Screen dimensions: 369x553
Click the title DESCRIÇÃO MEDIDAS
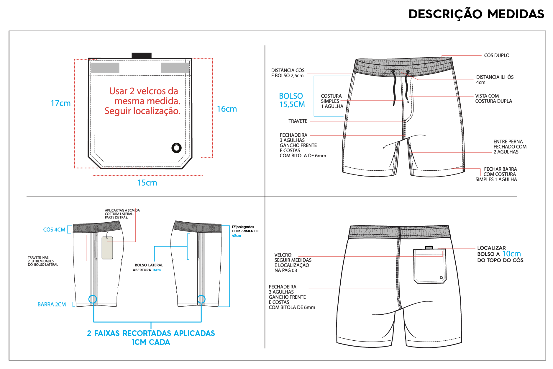pos(476,14)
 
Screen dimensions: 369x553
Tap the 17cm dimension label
pos(61,103)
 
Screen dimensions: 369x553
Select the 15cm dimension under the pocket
pos(147,183)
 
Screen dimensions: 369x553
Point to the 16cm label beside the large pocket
pos(227,109)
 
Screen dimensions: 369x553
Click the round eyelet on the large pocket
pos(176,148)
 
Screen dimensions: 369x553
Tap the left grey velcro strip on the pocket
pos(105,68)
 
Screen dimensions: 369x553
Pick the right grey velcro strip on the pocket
pos(175,68)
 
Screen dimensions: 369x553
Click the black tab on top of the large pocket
pos(141,55)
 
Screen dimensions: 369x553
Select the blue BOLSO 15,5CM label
pos(292,100)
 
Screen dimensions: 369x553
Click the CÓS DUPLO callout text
pos(497,55)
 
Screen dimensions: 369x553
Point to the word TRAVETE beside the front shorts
pos(298,121)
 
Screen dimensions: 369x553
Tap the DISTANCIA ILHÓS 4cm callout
pos(495,80)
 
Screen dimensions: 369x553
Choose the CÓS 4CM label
pos(54,230)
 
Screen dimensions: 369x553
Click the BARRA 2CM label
pos(52,304)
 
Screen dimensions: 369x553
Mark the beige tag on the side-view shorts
pos(107,248)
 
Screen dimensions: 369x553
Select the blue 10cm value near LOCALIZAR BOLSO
pos(511,254)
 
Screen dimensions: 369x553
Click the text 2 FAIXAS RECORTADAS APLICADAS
pos(151,333)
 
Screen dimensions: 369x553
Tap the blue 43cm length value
pos(236,236)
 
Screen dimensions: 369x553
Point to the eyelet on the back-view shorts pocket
pos(441,277)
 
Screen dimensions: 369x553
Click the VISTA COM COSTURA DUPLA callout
pos(493,99)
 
